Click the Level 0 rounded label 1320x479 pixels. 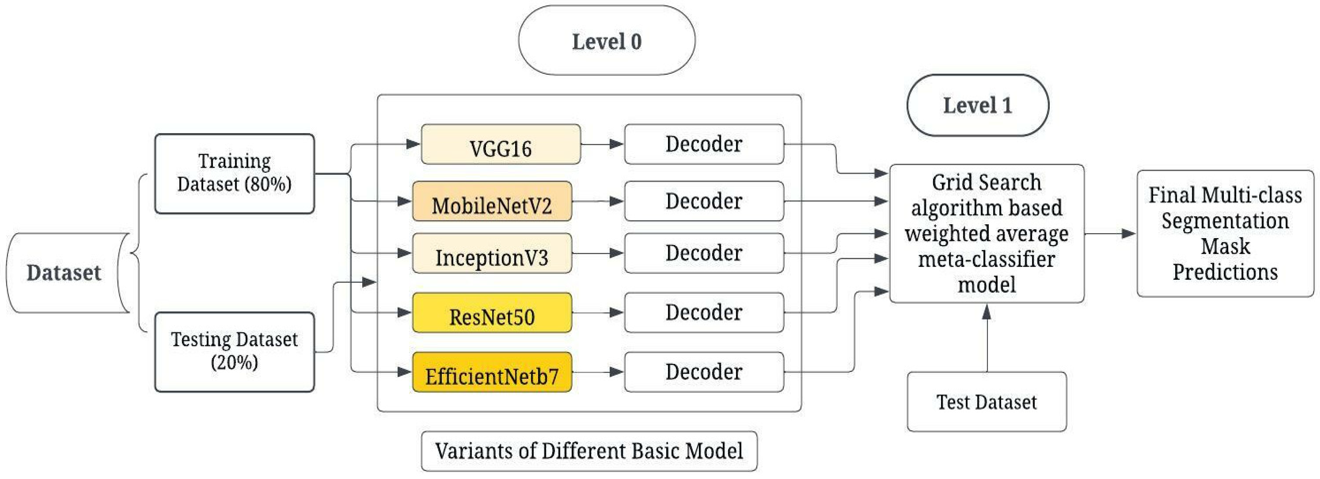[607, 41]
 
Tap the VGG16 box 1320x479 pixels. [501, 145]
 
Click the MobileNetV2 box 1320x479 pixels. [492, 202]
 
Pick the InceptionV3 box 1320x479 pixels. [492, 253]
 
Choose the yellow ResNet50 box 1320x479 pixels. [492, 313]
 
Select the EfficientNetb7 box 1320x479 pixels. [492, 372]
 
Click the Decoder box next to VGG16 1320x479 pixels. [703, 145]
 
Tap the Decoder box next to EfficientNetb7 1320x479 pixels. [703, 372]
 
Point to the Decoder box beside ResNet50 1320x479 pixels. [703, 313]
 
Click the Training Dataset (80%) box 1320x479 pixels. [234, 173]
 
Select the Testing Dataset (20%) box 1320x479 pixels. [234, 352]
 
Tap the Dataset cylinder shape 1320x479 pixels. [64, 273]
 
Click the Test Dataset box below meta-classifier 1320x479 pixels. [987, 401]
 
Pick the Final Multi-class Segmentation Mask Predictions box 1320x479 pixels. [1225, 233]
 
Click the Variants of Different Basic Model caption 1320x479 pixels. [589, 451]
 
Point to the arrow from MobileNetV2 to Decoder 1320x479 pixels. [597, 202]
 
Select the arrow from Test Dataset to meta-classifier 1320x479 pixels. [987, 339]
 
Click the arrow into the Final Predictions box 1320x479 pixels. [1110, 233]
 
